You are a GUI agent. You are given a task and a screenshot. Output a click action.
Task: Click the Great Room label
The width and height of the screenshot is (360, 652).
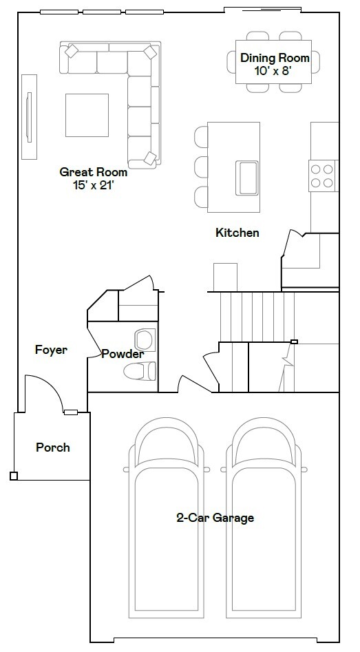pos(93,172)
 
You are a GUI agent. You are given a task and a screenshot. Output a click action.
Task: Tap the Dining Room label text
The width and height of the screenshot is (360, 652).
pos(275,59)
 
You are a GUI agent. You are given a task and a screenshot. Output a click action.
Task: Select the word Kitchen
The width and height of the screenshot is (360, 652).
pos(237,233)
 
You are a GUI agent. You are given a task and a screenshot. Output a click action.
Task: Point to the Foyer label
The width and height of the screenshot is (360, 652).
pos(52,350)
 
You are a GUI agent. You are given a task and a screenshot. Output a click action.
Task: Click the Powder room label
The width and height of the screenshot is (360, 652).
pos(123,355)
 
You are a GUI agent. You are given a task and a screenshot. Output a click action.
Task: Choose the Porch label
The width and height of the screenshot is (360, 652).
pos(53,448)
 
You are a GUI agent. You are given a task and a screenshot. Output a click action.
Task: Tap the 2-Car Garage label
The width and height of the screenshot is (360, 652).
pos(215,518)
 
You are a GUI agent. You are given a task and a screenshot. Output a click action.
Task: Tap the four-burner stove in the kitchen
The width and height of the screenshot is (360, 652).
pos(323,174)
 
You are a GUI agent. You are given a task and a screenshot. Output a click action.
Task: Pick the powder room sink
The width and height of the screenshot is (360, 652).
pos(145,339)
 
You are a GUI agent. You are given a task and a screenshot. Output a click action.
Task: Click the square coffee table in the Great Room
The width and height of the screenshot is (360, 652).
pos(87,115)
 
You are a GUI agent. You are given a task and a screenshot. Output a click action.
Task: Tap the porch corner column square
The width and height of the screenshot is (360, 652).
pos(14,476)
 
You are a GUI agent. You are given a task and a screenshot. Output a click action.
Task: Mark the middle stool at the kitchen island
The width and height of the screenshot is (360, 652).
pos(200,167)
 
